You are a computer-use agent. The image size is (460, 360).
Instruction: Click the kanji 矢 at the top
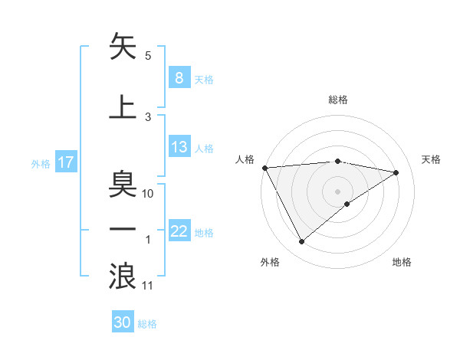point(123,47)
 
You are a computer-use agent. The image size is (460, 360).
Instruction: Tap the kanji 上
point(123,107)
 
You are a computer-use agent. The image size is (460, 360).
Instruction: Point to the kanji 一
point(123,230)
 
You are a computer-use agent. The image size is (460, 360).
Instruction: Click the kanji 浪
point(123,276)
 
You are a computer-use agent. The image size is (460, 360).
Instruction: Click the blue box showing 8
point(179,77)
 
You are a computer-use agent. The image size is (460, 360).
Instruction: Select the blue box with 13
point(179,147)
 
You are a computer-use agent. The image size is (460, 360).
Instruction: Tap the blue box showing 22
point(179,231)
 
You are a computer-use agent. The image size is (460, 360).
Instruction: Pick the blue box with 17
point(65,162)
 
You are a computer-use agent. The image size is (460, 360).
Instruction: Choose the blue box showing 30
point(123,322)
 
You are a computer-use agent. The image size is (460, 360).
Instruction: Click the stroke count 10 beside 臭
point(148,194)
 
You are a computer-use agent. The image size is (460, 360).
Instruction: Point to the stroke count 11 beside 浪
point(148,286)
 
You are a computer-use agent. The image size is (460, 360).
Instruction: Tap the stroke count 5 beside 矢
point(148,56)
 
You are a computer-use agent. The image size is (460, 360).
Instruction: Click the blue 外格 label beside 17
point(41,163)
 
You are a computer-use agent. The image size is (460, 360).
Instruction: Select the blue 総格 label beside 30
point(147,323)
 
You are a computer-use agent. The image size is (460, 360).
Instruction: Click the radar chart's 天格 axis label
point(432,159)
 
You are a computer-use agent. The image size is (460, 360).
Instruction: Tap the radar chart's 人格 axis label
point(245,159)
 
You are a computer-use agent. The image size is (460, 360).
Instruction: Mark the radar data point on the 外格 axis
point(301,242)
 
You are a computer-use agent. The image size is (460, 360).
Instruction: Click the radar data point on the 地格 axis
point(347,204)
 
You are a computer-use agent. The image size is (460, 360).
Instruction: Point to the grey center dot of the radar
point(337,191)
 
